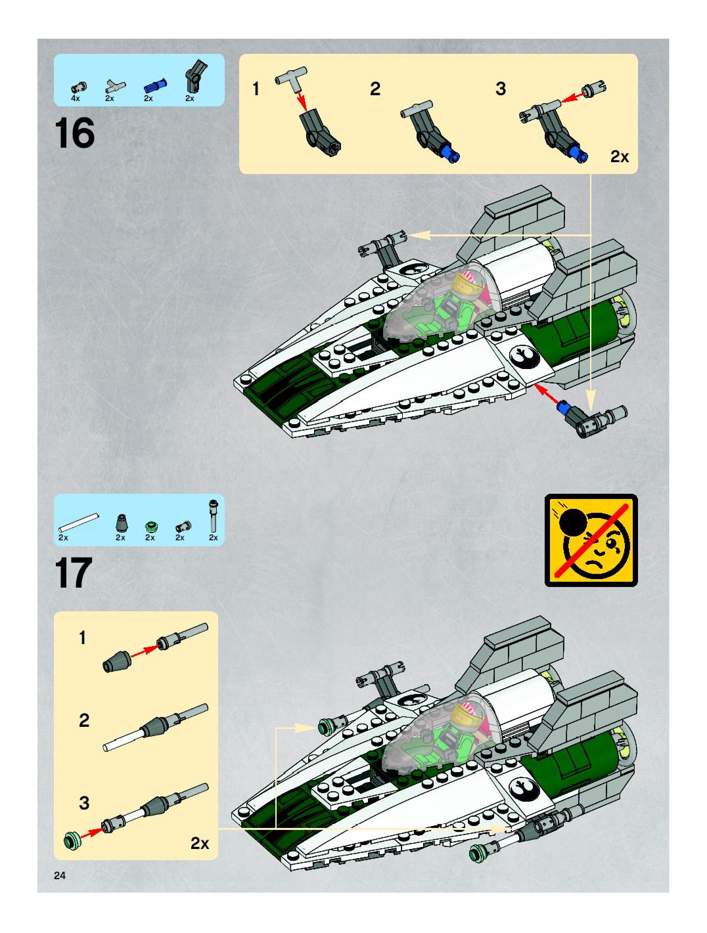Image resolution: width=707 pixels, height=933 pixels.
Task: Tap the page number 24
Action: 59,875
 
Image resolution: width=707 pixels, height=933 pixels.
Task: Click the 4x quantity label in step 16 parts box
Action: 75,98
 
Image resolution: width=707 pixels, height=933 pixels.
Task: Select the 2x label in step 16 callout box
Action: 619,157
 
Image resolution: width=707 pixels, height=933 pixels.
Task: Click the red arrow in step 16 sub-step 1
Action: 301,99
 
